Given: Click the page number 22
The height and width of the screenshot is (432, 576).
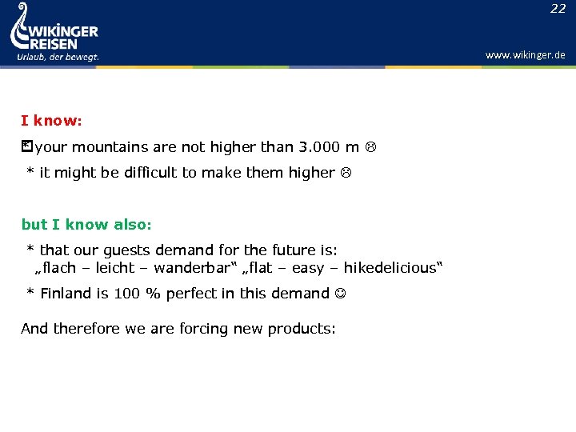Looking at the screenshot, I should [558, 9].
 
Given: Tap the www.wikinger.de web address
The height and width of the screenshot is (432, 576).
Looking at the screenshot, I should [525, 55].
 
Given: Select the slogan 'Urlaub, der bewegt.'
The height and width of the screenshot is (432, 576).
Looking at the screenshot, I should [58, 57].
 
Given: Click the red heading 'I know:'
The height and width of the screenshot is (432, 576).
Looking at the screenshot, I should [51, 121].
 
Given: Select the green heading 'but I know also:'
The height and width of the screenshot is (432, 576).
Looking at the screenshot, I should [86, 225].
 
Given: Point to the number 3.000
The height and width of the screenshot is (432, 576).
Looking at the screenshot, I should [319, 147].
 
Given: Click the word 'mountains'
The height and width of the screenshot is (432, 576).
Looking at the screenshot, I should [108, 147].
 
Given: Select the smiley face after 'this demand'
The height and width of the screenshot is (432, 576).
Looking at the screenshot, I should [342, 294].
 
